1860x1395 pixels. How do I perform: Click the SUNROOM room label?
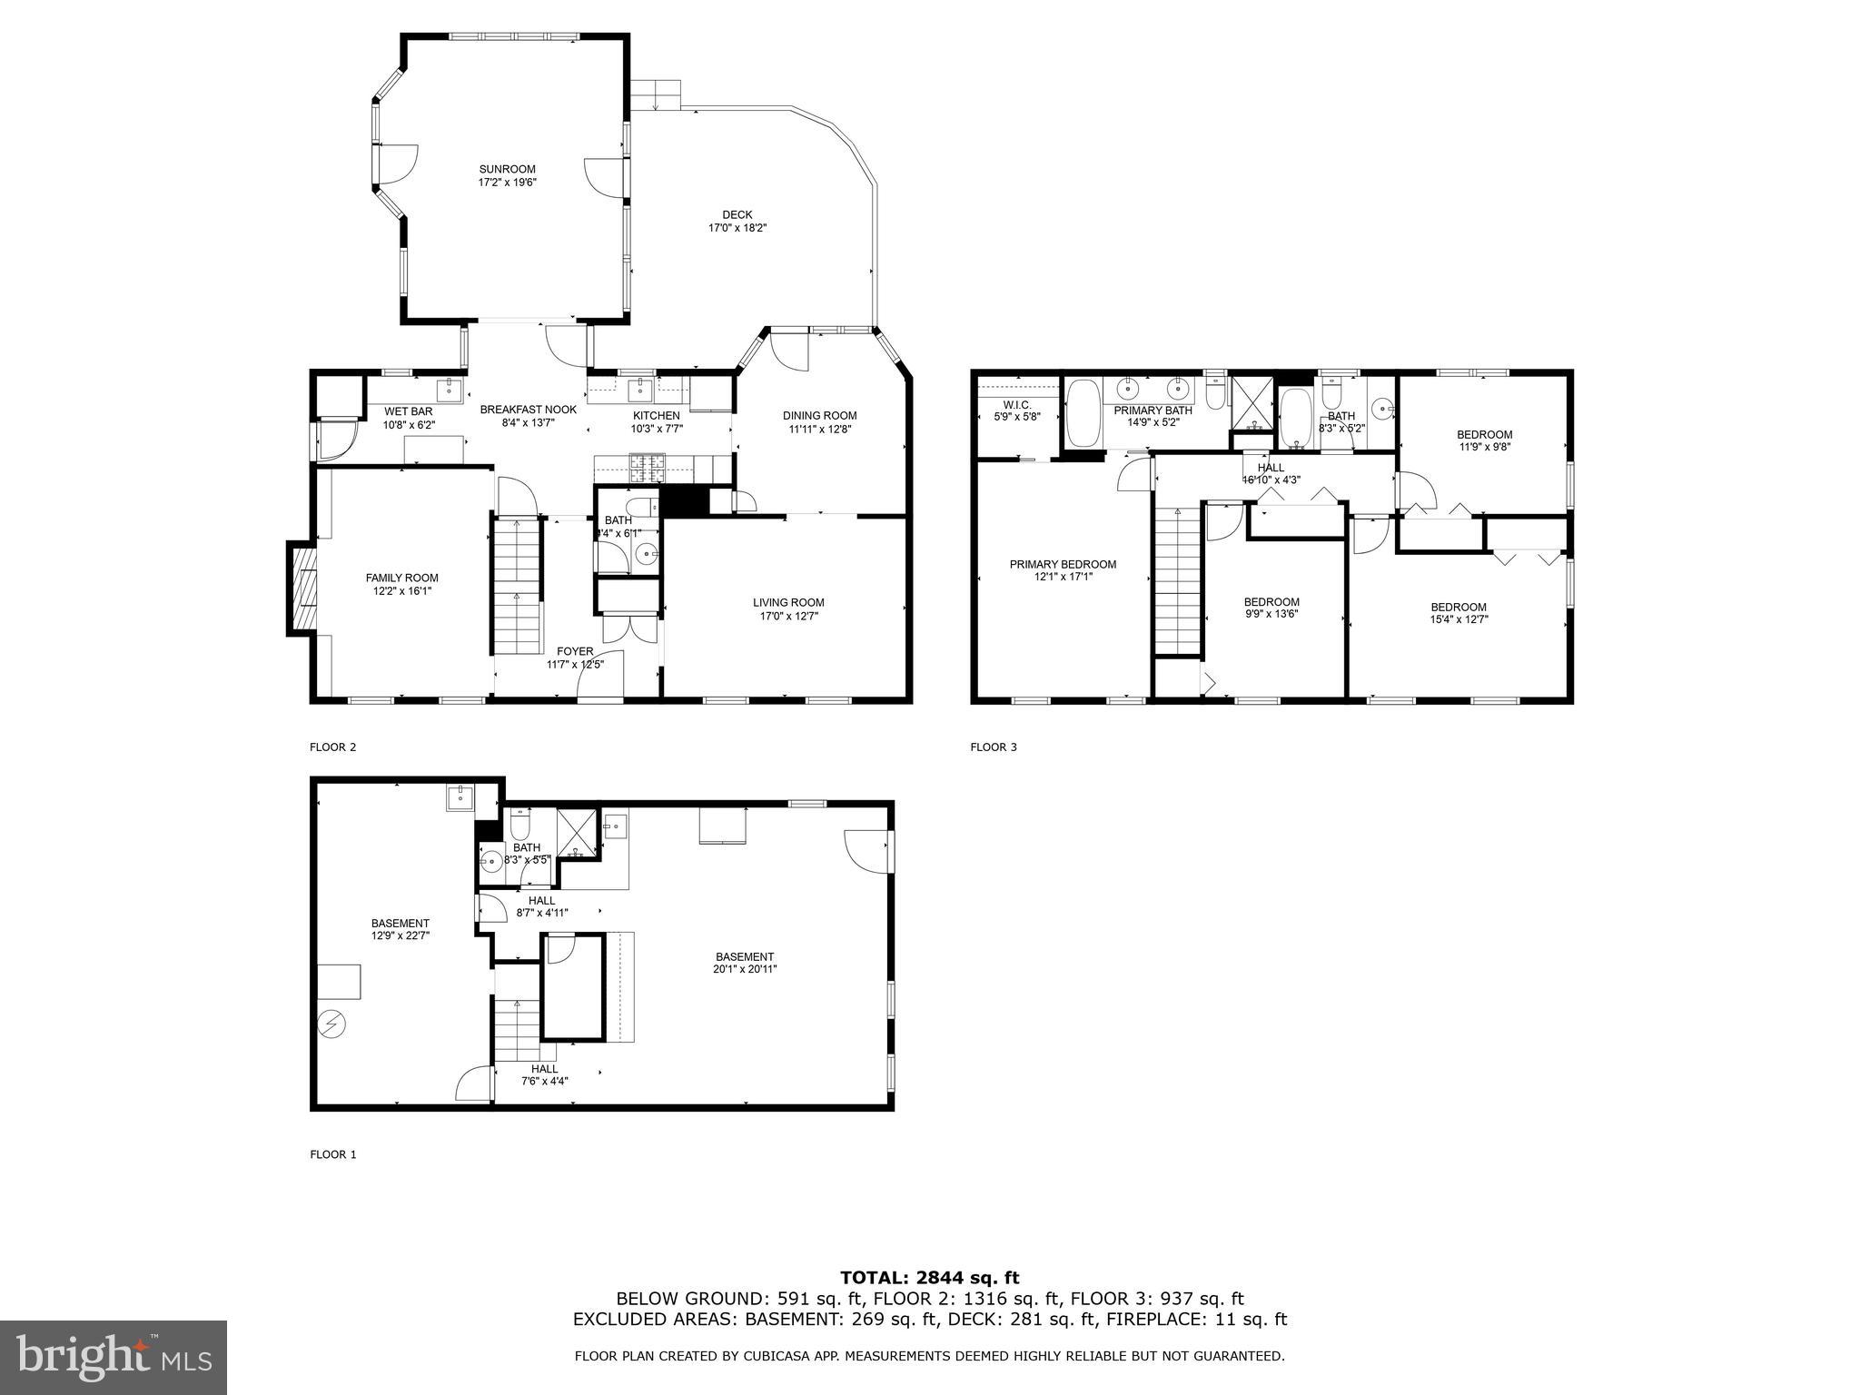pos(507,169)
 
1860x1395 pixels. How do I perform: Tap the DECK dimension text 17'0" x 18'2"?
pos(737,228)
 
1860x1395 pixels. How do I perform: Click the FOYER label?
pos(575,651)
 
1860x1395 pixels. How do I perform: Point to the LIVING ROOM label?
pos(788,602)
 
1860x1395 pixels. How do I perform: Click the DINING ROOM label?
pos(819,416)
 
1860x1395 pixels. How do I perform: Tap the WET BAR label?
pos(409,411)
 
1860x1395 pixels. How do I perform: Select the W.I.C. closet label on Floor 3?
pos(1016,404)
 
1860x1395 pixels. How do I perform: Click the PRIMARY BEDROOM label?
pos(1063,564)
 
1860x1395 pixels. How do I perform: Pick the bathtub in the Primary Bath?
pos(1082,413)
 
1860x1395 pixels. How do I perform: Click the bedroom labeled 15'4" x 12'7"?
pos(1459,613)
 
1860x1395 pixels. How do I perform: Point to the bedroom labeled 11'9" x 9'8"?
pos(1485,440)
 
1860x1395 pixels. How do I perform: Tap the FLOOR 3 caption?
pos(994,747)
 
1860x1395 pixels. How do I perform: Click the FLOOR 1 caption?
pos(333,1154)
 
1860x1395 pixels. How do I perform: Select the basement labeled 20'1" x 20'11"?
pos(745,963)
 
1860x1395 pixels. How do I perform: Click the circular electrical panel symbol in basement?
pos(332,1024)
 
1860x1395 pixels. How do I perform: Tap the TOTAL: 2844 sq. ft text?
pos(929,1278)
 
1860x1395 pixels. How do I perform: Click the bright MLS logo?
pos(114,1357)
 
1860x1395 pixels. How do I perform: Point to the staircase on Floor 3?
pos(1178,581)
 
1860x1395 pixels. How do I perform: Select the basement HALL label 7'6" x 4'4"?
pos(545,1074)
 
